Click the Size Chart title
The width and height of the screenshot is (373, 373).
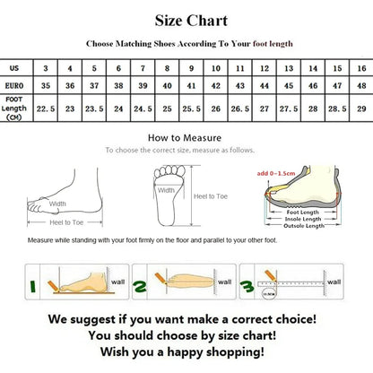pyautogui.click(x=191, y=21)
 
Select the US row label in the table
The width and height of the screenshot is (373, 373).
pyautogui.click(x=14, y=68)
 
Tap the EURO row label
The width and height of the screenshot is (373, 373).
pyautogui.click(x=15, y=86)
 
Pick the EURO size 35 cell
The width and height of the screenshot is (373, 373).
pyautogui.click(x=46, y=86)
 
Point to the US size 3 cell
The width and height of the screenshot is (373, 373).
pyautogui.click(x=46, y=68)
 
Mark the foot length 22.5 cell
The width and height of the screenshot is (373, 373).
pyautogui.click(x=46, y=108)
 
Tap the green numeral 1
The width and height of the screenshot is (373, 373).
pyautogui.click(x=36, y=287)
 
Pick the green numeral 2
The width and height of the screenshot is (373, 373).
pyautogui.click(x=141, y=287)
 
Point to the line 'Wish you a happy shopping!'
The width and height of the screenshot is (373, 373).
pyautogui.click(x=186, y=351)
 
